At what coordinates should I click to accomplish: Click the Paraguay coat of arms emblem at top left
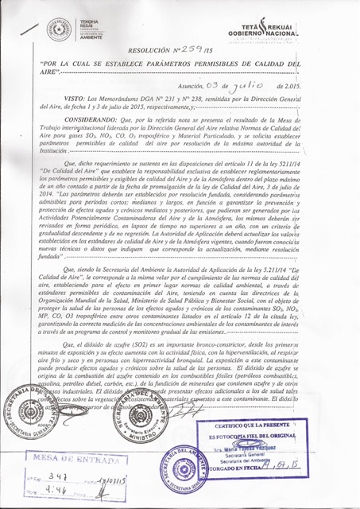59,28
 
